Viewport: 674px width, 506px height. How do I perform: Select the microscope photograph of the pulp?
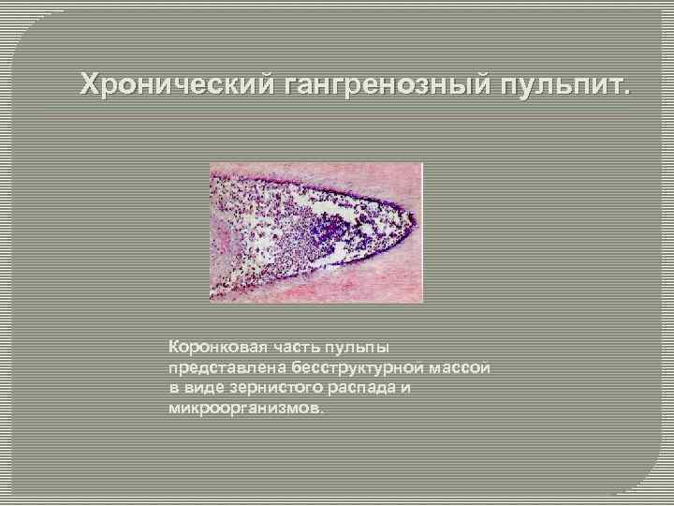tap(315, 232)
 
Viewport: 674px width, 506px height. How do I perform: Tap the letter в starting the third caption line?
tap(173, 388)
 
